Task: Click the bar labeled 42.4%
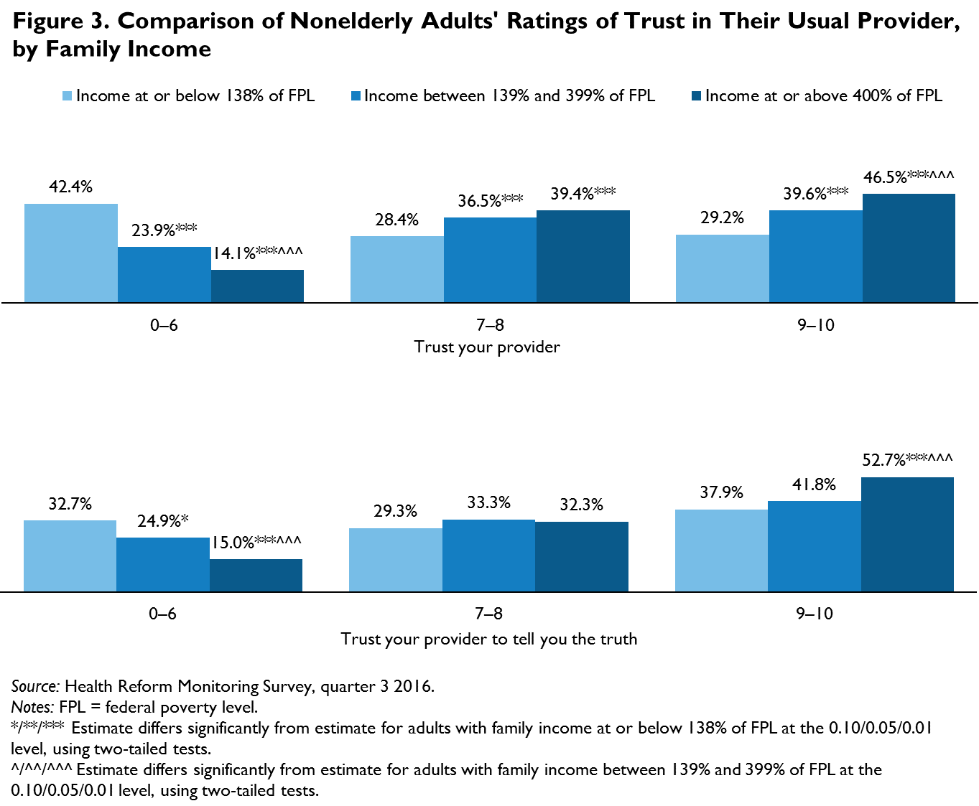(x=71, y=253)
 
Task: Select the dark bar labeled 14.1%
(x=257, y=286)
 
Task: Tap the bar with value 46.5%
(x=909, y=248)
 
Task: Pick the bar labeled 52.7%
(x=907, y=534)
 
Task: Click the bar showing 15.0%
(x=256, y=575)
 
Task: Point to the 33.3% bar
(x=488, y=556)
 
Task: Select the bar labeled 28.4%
(x=396, y=269)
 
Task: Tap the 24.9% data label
(x=163, y=521)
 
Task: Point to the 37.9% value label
(x=722, y=493)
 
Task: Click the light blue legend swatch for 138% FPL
(x=68, y=96)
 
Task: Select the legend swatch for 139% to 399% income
(x=356, y=96)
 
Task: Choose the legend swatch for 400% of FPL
(x=696, y=96)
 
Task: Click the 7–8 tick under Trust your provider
(x=490, y=325)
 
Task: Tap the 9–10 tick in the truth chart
(x=815, y=614)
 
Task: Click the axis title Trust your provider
(x=487, y=347)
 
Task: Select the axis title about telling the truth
(x=488, y=639)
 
